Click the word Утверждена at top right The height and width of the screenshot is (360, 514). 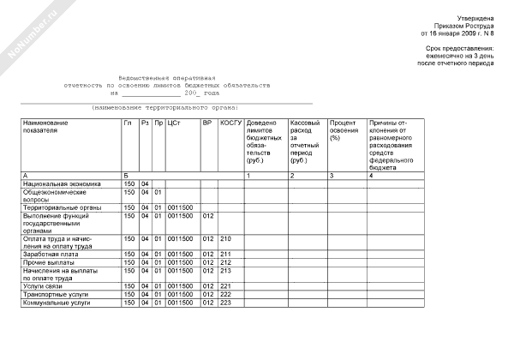tap(475, 18)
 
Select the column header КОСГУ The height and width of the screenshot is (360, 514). tap(230, 123)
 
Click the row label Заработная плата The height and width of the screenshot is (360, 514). tap(51, 255)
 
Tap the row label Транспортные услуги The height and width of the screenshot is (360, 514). tap(57, 294)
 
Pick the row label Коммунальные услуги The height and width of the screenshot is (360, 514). tap(57, 303)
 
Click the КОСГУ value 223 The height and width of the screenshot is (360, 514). tap(226, 303)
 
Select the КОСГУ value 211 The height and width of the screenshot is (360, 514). tap(226, 255)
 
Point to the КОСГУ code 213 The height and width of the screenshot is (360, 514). tap(226, 271)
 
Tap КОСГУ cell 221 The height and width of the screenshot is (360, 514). tap(226, 286)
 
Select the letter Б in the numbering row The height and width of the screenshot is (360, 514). tap(126, 175)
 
